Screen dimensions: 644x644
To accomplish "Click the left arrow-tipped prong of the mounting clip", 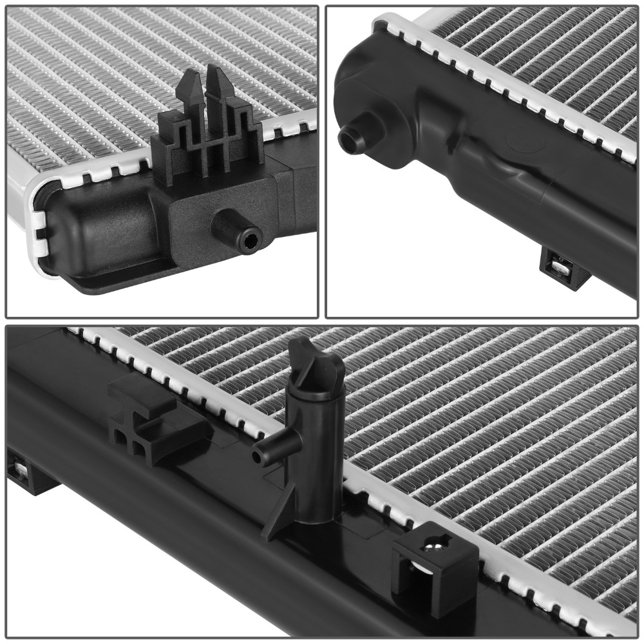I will [189, 90].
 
